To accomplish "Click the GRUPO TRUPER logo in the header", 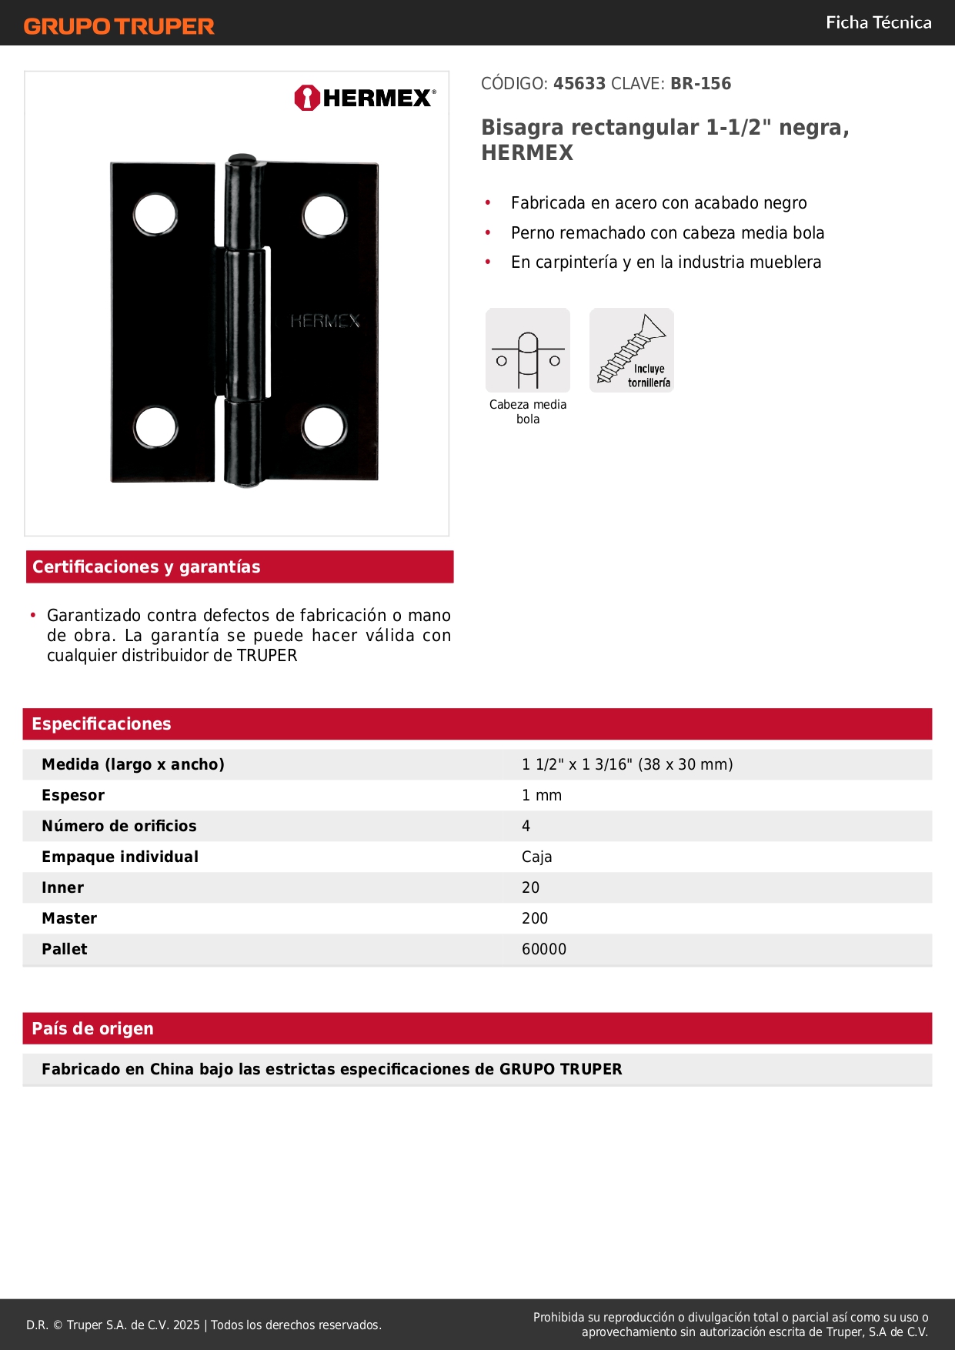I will (x=119, y=26).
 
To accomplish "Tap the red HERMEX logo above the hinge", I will (x=365, y=98).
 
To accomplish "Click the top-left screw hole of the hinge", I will (x=155, y=214).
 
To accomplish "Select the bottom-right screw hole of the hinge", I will (x=323, y=426).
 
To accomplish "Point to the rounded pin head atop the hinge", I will (x=242, y=159).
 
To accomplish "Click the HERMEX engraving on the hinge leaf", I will (x=325, y=321).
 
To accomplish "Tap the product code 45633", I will (x=579, y=84).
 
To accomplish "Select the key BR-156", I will (x=700, y=84).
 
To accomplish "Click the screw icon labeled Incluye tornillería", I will (x=631, y=350).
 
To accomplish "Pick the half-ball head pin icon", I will (x=528, y=351).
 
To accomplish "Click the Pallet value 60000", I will (x=543, y=949).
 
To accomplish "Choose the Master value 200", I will (x=535, y=918).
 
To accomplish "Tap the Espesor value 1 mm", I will (x=542, y=795).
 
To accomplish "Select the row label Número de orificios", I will (x=119, y=826).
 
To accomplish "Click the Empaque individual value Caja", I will (x=536, y=857).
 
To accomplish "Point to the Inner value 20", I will (x=530, y=887).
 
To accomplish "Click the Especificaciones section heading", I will (x=102, y=723).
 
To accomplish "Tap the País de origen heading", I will (x=92, y=1028).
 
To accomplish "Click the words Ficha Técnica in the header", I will (x=878, y=22).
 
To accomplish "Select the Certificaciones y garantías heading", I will (x=146, y=566).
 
